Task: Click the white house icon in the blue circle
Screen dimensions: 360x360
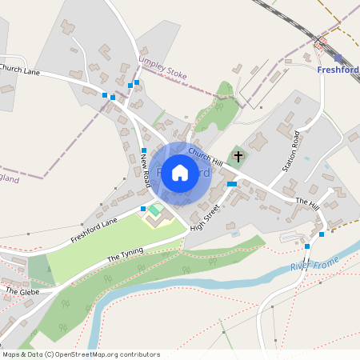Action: coord(180,172)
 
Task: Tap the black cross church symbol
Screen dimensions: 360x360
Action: coord(238,155)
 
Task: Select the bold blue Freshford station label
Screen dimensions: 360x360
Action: coord(338,70)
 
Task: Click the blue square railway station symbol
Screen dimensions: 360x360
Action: coord(338,58)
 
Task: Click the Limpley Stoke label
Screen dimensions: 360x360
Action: coord(162,70)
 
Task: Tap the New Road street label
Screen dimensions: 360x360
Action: coord(145,170)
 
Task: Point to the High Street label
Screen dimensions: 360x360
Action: coord(206,216)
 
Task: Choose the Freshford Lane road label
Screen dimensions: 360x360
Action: coord(94,229)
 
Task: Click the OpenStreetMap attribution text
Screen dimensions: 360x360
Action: coord(80,354)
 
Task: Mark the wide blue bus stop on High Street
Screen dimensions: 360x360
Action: coord(232,184)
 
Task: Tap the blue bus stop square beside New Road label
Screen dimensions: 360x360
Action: coord(144,150)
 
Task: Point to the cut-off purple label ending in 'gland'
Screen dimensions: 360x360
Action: coord(8,179)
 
